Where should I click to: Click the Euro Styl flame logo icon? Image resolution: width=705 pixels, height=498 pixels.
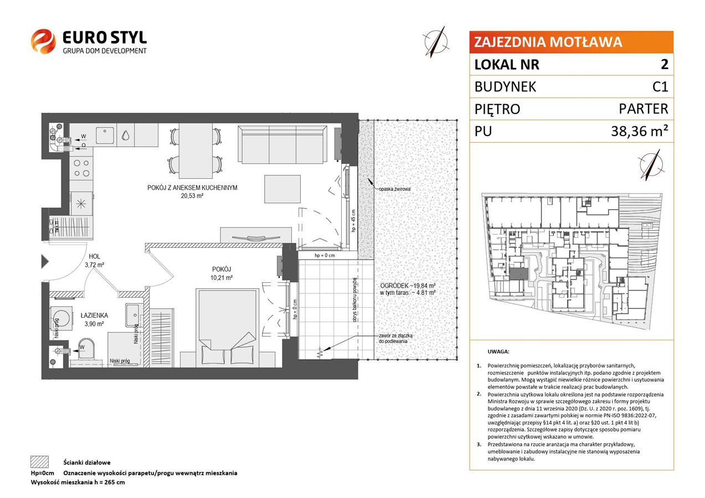coord(43,41)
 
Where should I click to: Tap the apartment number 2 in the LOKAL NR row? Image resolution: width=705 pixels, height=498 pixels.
coord(664,64)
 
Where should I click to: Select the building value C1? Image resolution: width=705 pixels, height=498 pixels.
coord(660,87)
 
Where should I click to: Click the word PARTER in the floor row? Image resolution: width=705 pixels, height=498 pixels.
coord(644,109)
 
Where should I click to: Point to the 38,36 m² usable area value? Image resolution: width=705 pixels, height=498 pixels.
coord(640,131)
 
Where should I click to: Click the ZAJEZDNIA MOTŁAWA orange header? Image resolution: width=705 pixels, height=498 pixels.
coord(571,42)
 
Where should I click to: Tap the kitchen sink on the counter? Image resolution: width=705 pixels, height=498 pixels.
coord(105,135)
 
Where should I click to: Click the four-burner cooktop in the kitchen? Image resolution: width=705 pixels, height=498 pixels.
coord(81,168)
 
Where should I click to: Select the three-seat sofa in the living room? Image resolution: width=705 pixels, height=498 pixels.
coord(282,144)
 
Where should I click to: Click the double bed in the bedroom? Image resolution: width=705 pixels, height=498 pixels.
coord(227,328)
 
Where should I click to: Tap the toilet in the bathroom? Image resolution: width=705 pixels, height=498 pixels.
coord(85,349)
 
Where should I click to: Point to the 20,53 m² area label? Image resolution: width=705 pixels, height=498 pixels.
coord(192,196)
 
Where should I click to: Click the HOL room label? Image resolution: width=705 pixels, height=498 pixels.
coord(94,257)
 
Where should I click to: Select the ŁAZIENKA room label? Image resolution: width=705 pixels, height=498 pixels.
coord(94,315)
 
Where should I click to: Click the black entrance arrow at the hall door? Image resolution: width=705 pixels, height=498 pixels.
coord(45,262)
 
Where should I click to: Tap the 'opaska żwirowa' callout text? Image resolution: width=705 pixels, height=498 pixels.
coord(395,189)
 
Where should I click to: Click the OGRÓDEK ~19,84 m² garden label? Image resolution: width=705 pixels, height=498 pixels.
coord(408,286)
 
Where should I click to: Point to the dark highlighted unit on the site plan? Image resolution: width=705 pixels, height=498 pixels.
coord(519,273)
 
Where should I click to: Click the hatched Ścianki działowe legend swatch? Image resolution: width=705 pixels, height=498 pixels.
coord(40,462)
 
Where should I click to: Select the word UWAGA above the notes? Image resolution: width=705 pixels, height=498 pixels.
coord(498,351)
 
